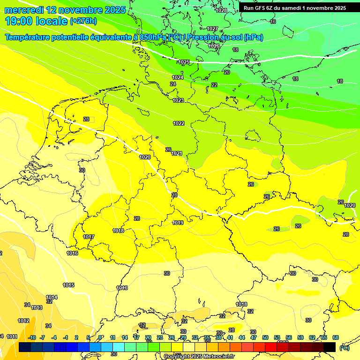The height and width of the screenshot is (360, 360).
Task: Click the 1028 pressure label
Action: (x=221, y=10)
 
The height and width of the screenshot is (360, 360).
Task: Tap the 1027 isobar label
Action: (x=212, y=29)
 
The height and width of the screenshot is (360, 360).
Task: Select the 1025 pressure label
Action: (x=184, y=62)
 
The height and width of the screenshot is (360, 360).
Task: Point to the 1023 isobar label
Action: (x=178, y=100)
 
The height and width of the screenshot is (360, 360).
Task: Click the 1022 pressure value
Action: (x=179, y=123)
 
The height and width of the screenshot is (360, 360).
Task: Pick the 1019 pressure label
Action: (x=178, y=223)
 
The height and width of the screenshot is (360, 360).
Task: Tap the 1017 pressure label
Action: (x=89, y=237)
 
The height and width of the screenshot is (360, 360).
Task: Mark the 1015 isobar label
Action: (x=68, y=285)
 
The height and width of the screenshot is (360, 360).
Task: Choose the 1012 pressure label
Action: (x=23, y=321)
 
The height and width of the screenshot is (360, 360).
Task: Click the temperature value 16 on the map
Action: (x=273, y=22)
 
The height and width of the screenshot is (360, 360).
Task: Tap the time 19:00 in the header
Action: (x=19, y=21)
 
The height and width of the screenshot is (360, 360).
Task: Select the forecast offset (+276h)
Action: (x=83, y=21)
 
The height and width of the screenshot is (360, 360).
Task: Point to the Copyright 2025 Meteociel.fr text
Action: (x=199, y=356)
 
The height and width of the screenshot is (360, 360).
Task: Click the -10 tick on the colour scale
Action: (x=32, y=337)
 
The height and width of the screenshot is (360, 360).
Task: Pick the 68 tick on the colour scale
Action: (x=336, y=337)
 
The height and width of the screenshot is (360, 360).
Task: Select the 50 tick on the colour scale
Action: (x=265, y=337)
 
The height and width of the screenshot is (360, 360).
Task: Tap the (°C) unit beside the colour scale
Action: (x=345, y=348)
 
